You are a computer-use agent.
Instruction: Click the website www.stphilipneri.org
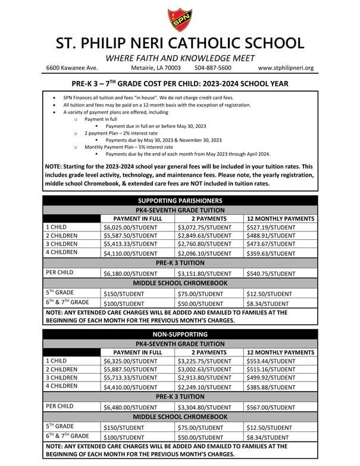[286, 68]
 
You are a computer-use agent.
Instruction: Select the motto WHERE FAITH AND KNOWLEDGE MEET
[180, 58]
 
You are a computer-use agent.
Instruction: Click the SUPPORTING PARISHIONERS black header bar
[180, 201]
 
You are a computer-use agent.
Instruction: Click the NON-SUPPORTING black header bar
[180, 334]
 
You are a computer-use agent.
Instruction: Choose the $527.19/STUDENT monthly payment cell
[271, 228]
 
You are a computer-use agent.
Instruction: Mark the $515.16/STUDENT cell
[271, 370]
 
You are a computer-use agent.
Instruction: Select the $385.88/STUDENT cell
[271, 387]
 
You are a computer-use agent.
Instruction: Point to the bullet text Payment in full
[98, 119]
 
